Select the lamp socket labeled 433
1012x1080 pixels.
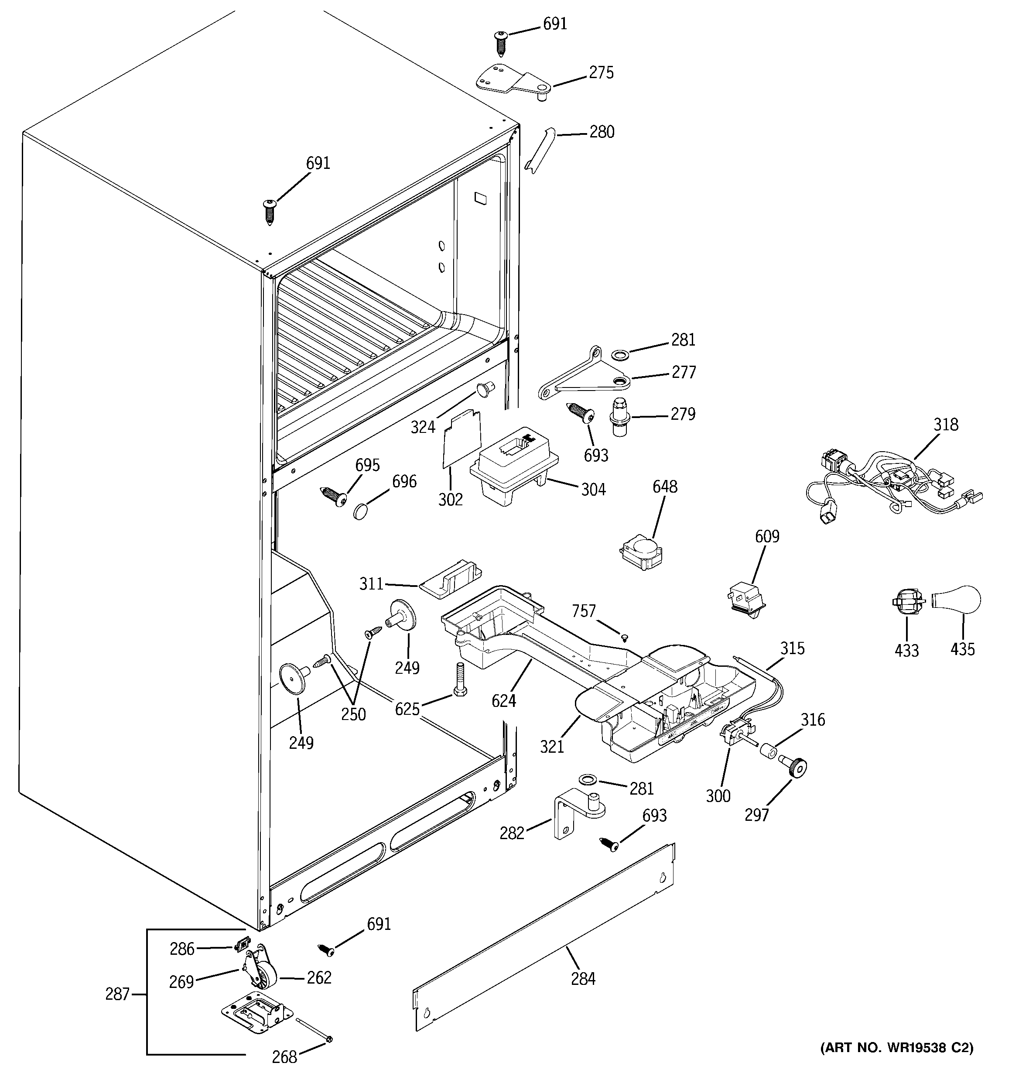[x=908, y=602]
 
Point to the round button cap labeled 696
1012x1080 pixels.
[x=361, y=511]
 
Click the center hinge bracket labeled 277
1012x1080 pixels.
[x=584, y=375]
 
